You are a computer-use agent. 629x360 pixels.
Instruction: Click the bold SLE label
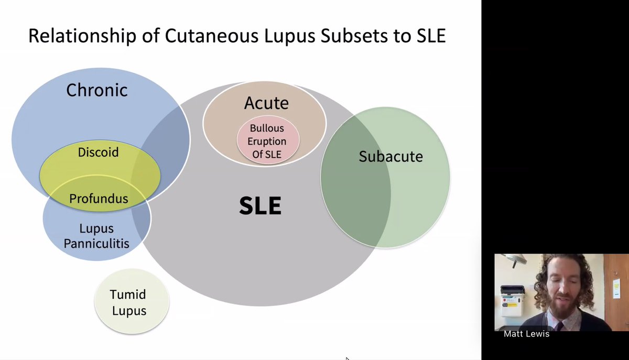(260, 206)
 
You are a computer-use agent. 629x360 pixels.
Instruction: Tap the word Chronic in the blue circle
(96, 90)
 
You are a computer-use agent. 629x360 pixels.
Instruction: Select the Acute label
(266, 103)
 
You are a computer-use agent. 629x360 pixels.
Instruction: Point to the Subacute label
(391, 156)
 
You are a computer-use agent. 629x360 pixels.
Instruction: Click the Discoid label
(98, 152)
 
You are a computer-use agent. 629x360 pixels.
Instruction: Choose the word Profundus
(99, 199)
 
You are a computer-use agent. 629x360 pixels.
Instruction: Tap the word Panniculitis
(96, 243)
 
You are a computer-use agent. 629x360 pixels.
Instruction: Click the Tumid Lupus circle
(132, 302)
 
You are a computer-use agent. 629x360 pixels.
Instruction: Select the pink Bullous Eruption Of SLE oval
(268, 141)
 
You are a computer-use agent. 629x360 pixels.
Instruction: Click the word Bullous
(267, 128)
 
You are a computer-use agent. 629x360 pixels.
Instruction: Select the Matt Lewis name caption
(526, 334)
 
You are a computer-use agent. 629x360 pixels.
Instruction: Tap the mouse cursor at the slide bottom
(348, 358)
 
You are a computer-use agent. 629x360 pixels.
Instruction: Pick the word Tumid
(128, 294)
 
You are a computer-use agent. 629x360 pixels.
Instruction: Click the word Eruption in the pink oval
(267, 141)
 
